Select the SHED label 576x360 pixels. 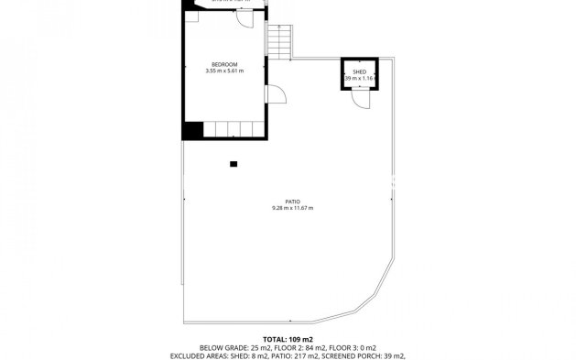(x=359, y=71)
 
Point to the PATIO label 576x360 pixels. (x=292, y=202)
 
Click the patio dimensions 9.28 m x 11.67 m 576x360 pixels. (x=292, y=208)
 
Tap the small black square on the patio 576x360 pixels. (x=234, y=164)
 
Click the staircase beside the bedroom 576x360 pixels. (x=279, y=40)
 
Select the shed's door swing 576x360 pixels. (x=360, y=102)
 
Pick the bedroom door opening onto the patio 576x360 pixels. (x=272, y=95)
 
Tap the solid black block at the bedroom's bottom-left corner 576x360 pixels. (x=190, y=131)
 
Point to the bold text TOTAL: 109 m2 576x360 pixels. (x=288, y=339)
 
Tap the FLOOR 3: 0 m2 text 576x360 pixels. (x=338, y=347)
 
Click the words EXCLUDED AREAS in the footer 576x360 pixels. (x=197, y=355)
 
